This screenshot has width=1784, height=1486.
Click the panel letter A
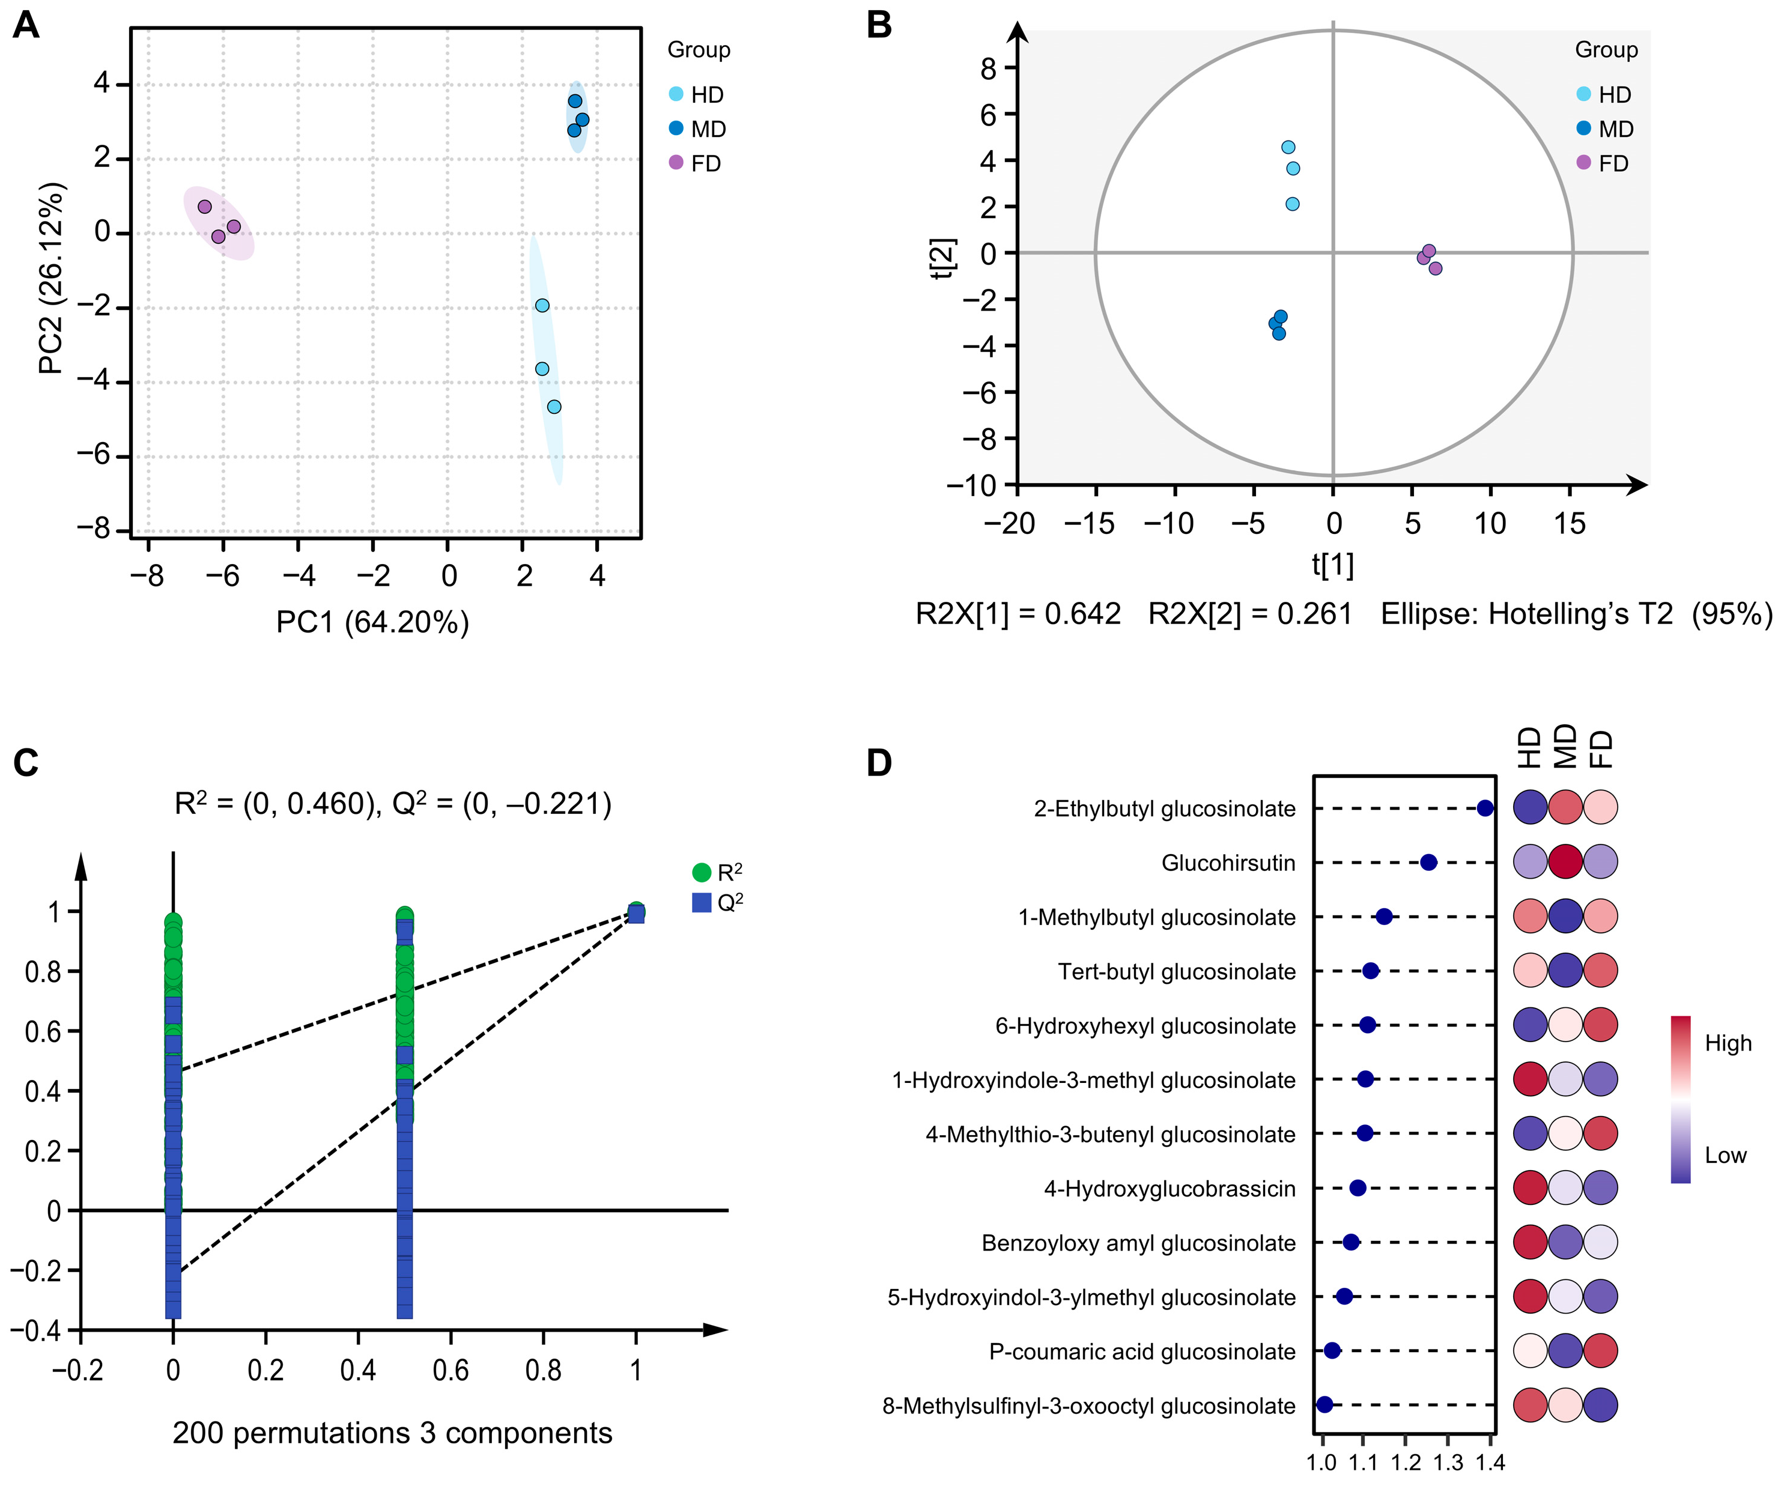pos(26,25)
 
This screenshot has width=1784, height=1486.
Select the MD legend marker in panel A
pos(676,129)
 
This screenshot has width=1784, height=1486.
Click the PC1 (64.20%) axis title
pos(373,623)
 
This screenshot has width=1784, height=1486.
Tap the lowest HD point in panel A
pos(554,407)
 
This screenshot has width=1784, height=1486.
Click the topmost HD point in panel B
pos(1288,147)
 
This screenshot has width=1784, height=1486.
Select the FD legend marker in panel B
pos(1583,162)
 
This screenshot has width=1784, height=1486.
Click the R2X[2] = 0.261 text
pos(1249,613)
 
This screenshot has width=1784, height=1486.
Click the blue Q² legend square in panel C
pos(702,902)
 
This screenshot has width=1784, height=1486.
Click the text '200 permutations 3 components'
pos(392,1433)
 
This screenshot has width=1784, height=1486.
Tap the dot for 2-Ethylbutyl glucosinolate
pos(1485,808)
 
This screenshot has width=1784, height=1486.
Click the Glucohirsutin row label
pos(1228,863)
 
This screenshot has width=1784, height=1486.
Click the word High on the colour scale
pos(1728,1043)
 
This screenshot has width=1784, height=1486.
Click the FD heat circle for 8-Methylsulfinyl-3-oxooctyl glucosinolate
pos(1601,1406)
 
